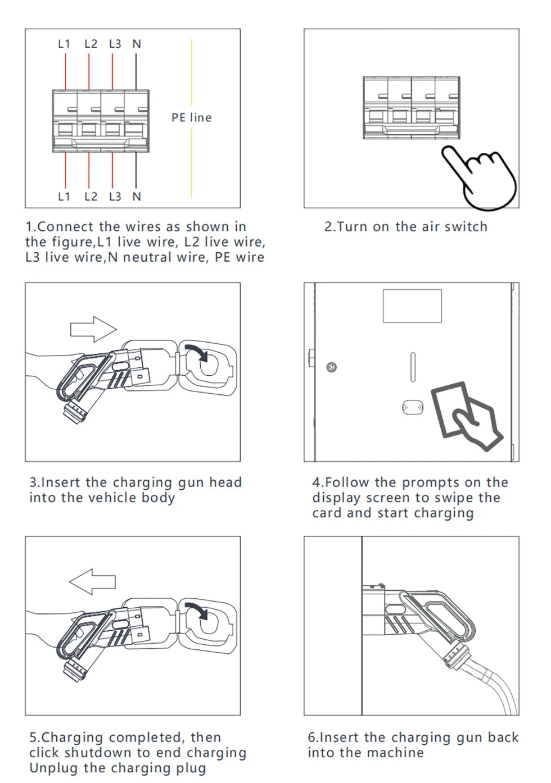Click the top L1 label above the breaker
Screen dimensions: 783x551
[64, 44]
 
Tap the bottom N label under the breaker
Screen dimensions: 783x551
[137, 197]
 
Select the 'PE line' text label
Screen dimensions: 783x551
[192, 118]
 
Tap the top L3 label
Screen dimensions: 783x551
[115, 44]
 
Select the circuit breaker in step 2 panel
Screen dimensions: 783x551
[412, 108]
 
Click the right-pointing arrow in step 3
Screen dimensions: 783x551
[93, 329]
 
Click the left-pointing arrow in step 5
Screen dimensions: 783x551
[92, 581]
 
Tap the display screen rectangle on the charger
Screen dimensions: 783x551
[412, 306]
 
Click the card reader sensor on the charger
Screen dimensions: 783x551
[413, 407]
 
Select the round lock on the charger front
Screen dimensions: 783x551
[332, 368]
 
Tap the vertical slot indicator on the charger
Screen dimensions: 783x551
[413, 368]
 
